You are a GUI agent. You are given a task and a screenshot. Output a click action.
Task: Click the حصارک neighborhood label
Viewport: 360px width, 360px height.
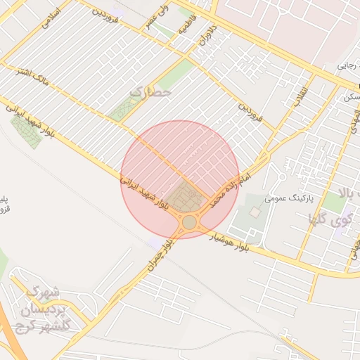coord(150,92)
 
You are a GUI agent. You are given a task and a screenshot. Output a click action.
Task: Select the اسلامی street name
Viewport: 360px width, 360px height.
coord(51,17)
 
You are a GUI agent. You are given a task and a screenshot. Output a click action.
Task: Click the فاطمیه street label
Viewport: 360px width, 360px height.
coord(185,28)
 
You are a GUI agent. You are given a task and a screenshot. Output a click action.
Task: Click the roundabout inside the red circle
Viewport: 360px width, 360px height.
coord(189,223)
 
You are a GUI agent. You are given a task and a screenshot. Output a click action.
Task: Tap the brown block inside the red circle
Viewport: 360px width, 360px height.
coord(187,197)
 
